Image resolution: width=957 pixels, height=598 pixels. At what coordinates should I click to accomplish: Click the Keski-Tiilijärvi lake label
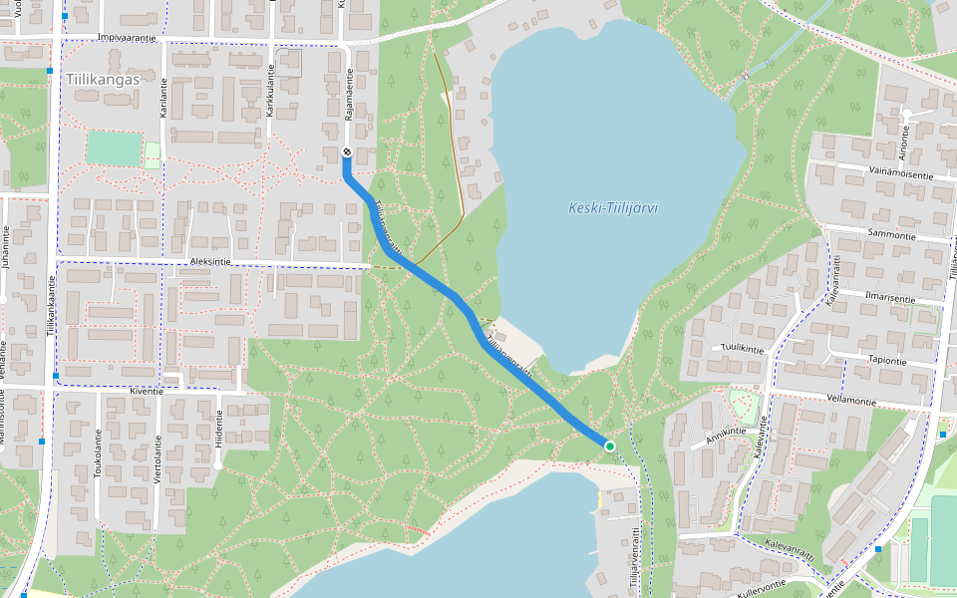click(612, 208)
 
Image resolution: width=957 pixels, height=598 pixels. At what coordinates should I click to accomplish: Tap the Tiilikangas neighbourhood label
click(103, 79)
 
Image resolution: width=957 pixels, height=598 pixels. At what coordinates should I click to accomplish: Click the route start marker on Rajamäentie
click(346, 151)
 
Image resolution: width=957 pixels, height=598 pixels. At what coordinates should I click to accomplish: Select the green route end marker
click(609, 446)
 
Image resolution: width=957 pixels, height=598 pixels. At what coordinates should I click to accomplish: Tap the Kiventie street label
click(147, 393)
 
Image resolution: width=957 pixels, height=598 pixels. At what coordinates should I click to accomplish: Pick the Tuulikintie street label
click(742, 349)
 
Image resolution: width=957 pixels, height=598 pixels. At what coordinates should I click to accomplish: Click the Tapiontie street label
click(886, 361)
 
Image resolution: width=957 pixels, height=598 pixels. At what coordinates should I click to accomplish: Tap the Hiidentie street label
click(219, 428)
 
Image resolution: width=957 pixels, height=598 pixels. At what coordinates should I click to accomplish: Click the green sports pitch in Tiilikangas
click(113, 149)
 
